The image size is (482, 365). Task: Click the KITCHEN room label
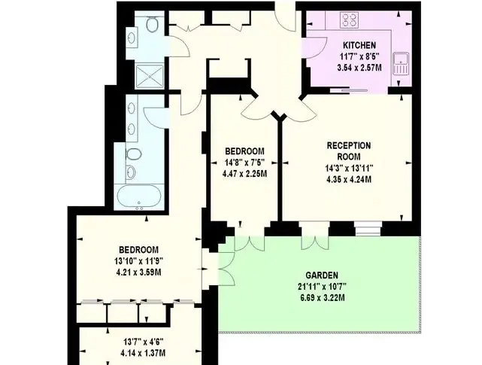(x=359, y=45)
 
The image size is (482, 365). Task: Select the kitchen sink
(x=401, y=63)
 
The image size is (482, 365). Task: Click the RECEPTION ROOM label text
(x=349, y=151)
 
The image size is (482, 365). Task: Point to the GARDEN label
(x=322, y=275)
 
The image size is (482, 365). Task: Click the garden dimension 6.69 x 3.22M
(x=322, y=298)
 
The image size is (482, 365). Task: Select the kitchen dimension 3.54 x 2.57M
(x=359, y=68)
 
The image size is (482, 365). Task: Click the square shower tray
(x=150, y=75)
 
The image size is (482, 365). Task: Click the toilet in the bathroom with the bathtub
(x=134, y=154)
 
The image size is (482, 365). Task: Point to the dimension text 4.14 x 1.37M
(x=143, y=353)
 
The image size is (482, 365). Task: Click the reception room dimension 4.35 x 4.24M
(x=349, y=179)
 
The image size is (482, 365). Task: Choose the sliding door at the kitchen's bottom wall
(x=349, y=90)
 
